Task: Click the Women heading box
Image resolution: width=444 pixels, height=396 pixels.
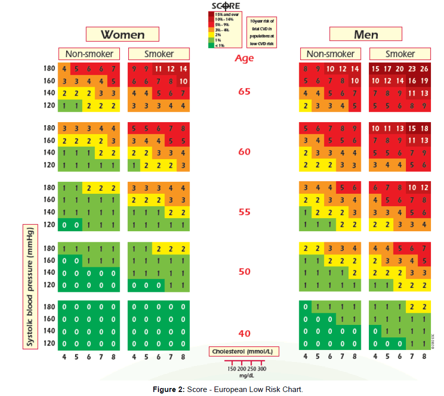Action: coord(123,35)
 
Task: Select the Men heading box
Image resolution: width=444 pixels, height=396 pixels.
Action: coord(366,35)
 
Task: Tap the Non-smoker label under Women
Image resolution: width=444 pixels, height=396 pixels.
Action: coord(89,54)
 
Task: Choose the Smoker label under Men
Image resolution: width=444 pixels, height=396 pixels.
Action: coord(400,54)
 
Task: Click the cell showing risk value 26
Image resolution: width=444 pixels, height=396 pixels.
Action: coord(424,69)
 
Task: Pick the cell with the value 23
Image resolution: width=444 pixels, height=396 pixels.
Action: coord(412,69)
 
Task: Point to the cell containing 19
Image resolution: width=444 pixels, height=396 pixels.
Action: coord(424,81)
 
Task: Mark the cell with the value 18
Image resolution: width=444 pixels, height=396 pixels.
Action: coord(424,129)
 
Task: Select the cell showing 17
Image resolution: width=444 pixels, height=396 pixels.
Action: coord(387,69)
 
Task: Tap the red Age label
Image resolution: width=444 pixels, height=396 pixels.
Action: coord(244,58)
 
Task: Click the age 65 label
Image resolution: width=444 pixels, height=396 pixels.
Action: coord(244,92)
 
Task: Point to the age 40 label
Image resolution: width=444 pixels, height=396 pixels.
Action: coord(244,334)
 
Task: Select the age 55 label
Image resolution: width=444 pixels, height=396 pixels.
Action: coord(244,212)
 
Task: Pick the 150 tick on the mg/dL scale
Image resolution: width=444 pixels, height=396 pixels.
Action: coord(232,368)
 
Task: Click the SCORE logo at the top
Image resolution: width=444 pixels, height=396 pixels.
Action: coord(225,6)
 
